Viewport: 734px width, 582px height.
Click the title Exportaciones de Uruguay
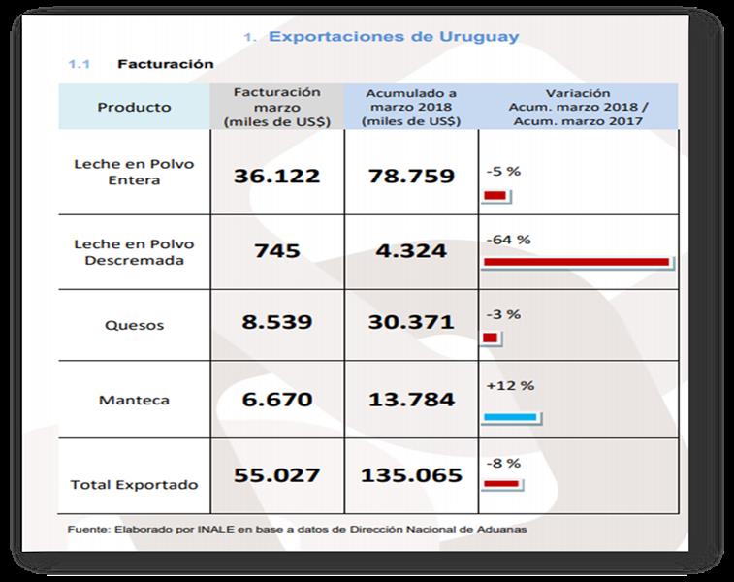pos(393,37)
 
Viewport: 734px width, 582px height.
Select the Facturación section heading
pos(165,64)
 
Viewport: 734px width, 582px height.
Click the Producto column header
pos(134,107)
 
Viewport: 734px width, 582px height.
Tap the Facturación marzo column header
pos(276,107)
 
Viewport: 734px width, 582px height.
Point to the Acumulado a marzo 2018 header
pos(411,107)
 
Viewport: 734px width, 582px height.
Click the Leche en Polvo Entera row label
pos(134,172)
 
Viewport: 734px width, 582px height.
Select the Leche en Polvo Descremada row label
pos(134,251)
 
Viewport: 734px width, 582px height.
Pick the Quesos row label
pos(134,325)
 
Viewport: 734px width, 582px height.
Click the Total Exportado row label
pos(134,484)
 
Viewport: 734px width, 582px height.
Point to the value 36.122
pos(276,176)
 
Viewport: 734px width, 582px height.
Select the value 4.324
pos(411,250)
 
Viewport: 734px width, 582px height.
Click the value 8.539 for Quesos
pos(276,321)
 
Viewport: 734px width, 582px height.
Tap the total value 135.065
pos(411,476)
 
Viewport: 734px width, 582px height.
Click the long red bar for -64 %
pos(576,262)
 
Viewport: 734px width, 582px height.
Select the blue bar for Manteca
pos(510,418)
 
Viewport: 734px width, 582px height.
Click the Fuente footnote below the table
pos(297,530)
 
